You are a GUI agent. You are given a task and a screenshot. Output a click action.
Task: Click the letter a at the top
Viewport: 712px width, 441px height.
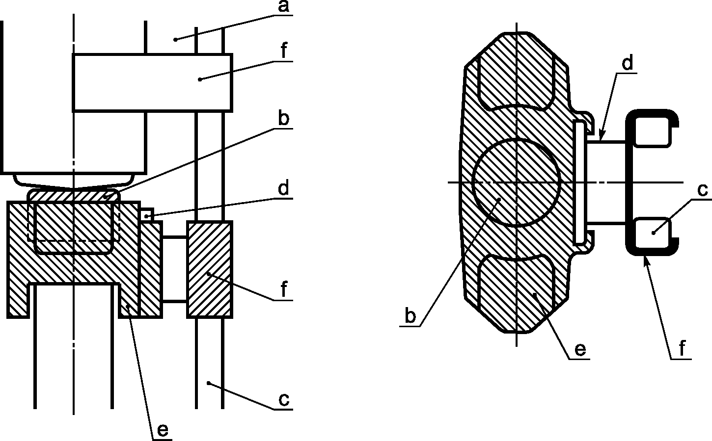pyautogui.click(x=283, y=6)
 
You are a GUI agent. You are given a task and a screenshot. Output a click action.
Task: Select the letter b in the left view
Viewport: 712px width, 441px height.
pyautogui.click(x=283, y=118)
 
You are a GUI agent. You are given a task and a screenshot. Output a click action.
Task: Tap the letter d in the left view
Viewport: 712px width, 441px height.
pyautogui.click(x=283, y=187)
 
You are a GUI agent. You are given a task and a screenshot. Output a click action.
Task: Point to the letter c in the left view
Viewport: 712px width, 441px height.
pyautogui.click(x=284, y=399)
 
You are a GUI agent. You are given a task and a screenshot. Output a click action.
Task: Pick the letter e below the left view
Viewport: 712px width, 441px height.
pyautogui.click(x=163, y=431)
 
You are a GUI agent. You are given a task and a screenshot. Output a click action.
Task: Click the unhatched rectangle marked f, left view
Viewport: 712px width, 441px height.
pyautogui.click(x=153, y=82)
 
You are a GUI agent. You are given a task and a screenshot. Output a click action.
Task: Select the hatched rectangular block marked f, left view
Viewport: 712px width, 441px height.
pyautogui.click(x=210, y=269)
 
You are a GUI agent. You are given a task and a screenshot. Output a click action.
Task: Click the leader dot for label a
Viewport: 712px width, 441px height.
pyautogui.click(x=175, y=40)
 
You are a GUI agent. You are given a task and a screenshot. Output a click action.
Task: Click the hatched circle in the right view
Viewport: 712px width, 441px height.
pyautogui.click(x=516, y=182)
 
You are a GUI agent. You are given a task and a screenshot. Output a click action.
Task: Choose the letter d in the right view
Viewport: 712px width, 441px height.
pyautogui.click(x=628, y=63)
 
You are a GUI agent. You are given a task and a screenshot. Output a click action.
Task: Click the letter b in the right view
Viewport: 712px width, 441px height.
pyautogui.click(x=411, y=316)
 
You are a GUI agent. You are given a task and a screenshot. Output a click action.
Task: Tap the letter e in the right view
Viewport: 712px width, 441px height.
pyautogui.click(x=580, y=350)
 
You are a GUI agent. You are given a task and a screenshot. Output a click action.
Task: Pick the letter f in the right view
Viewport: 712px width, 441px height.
pyautogui.click(x=682, y=348)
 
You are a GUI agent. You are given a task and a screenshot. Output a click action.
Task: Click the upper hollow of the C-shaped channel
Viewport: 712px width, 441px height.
pyautogui.click(x=652, y=131)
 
